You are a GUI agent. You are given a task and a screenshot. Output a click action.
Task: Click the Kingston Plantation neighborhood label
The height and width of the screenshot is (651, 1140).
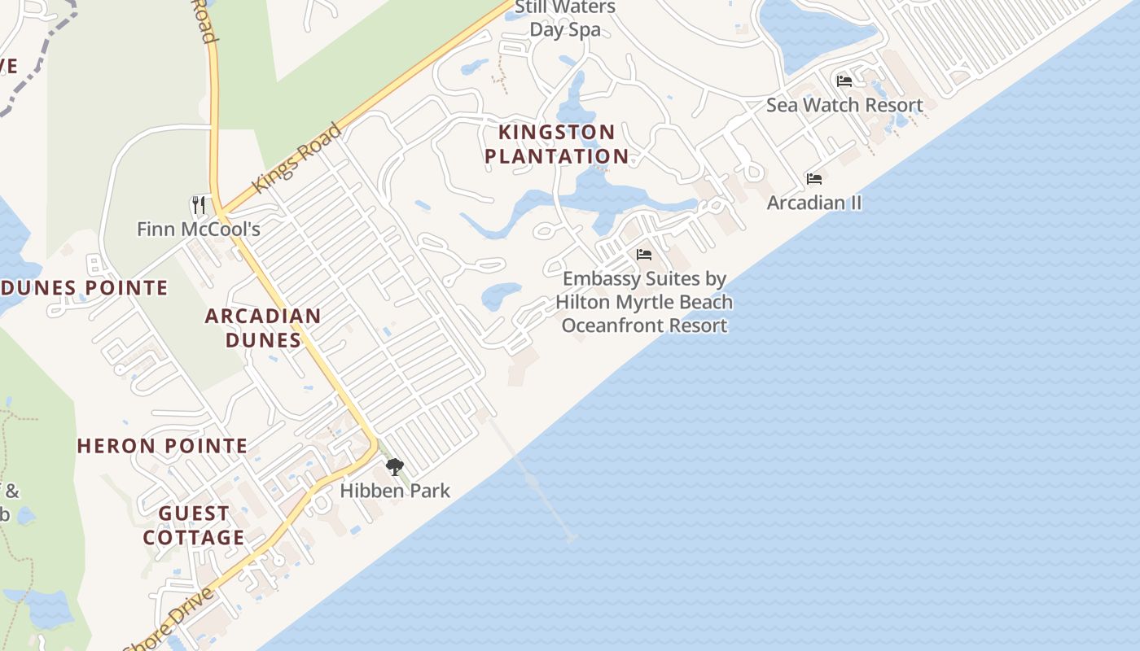(x=558, y=144)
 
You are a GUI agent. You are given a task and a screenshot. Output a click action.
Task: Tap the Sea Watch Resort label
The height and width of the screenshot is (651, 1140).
(x=844, y=105)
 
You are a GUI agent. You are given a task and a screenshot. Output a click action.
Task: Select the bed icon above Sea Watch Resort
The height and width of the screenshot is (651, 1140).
(x=844, y=81)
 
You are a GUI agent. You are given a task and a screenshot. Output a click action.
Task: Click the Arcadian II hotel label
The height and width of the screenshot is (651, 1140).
(x=813, y=203)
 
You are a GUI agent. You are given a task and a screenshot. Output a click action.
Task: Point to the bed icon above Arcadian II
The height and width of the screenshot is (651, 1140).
(x=813, y=179)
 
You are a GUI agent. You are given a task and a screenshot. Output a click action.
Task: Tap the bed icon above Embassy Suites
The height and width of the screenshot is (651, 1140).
(x=643, y=255)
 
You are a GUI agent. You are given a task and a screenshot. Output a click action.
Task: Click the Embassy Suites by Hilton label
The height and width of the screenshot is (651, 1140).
(x=644, y=302)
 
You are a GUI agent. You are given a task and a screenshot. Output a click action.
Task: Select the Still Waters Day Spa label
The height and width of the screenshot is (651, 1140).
(x=565, y=19)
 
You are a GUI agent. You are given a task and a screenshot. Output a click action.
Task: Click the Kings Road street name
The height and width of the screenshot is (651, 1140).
(x=296, y=158)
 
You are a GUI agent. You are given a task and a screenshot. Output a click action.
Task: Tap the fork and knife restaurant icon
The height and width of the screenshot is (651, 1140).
(x=199, y=204)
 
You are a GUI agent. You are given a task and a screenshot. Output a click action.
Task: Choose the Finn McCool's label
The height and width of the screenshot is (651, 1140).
(x=199, y=229)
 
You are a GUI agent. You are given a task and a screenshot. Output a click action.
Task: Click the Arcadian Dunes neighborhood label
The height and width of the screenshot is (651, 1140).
(x=263, y=327)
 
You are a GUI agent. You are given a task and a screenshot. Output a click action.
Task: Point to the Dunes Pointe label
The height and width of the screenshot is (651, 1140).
(x=84, y=288)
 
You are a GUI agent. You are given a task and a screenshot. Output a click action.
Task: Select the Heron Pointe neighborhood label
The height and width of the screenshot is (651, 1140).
(x=162, y=446)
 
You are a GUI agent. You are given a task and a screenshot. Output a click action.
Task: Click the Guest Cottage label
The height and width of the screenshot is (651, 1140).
(x=194, y=526)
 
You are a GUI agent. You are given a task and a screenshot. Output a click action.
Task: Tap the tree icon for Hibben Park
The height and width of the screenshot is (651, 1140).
(x=395, y=467)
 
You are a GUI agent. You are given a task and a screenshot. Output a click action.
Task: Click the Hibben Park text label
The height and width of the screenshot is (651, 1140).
(x=395, y=491)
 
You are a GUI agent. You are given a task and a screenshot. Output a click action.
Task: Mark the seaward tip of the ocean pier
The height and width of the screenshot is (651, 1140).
(x=571, y=537)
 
